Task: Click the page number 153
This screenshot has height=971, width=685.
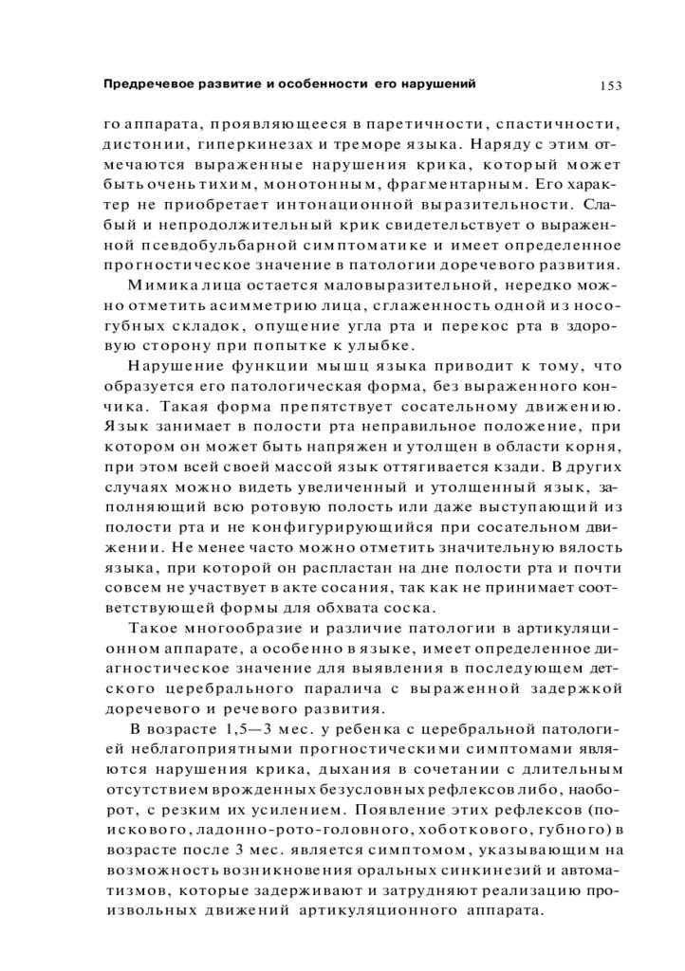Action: pos(610,86)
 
